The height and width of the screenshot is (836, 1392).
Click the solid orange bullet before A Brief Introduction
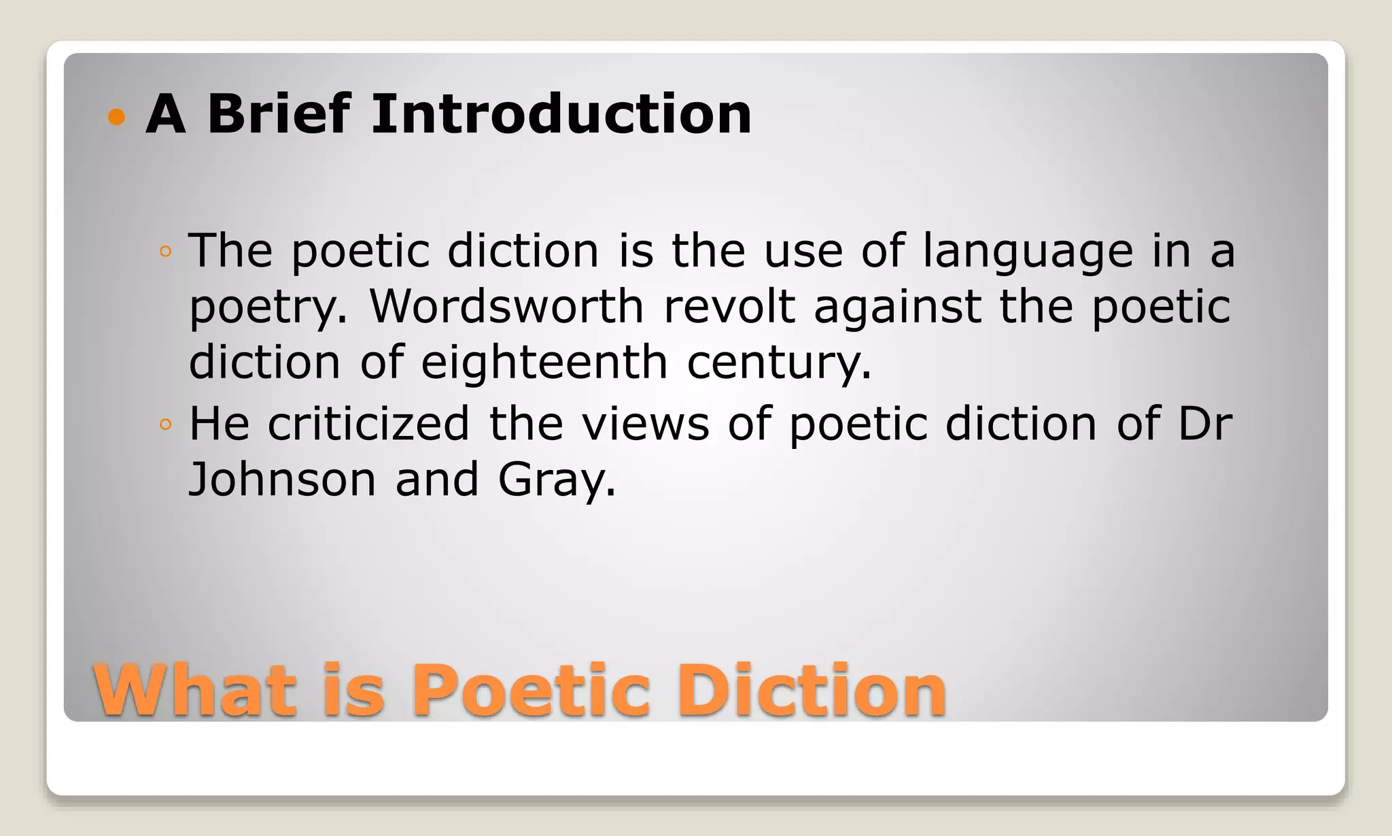coord(117,117)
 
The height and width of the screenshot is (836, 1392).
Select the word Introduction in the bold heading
coord(561,114)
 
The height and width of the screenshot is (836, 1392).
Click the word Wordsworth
coord(506,307)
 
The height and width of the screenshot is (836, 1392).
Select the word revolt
coord(729,307)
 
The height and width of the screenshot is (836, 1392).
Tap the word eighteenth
coord(544,363)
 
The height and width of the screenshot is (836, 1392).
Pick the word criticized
coord(368,424)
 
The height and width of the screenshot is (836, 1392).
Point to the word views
coord(645,424)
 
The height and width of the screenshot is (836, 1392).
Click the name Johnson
coord(282,480)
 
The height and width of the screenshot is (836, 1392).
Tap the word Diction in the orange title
coord(811,691)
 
